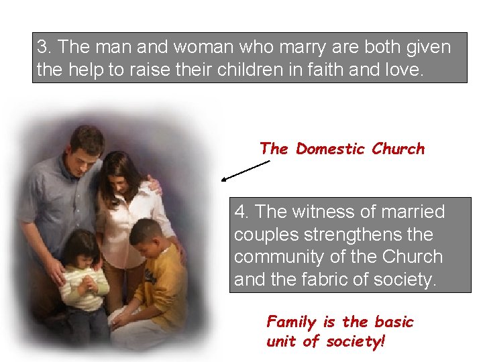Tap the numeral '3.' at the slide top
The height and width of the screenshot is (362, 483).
pyautogui.click(x=44, y=48)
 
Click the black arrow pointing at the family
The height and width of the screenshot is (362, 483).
pyautogui.click(x=246, y=171)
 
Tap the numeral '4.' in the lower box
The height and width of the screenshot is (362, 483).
pyautogui.click(x=242, y=213)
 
